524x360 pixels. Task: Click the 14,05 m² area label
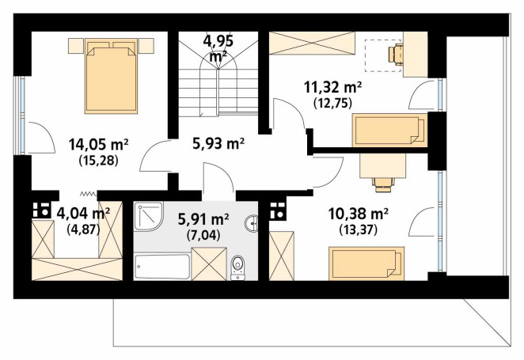(99, 145)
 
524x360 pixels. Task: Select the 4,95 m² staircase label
(218, 49)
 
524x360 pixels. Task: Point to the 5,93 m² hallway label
(218, 143)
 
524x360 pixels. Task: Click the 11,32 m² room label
(333, 88)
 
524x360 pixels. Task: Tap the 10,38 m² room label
(359, 214)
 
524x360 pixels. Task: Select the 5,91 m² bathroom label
(203, 219)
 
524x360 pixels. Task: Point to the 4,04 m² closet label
(83, 213)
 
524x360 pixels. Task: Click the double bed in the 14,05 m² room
(112, 76)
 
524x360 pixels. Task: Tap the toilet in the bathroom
(237, 267)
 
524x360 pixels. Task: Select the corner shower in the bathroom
(148, 216)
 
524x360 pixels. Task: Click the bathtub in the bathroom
(162, 267)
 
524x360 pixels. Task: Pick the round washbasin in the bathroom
(252, 223)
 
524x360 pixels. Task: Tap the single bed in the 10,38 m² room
(366, 263)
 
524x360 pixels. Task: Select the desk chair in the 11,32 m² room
(395, 53)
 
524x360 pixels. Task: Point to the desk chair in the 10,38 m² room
(384, 184)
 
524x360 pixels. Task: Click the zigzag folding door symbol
(88, 193)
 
